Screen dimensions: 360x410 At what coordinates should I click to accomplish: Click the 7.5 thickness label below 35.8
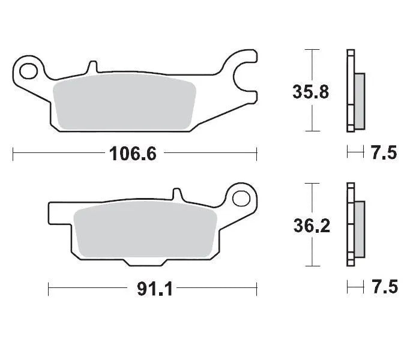click(384, 153)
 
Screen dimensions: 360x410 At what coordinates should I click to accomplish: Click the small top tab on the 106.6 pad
click(92, 67)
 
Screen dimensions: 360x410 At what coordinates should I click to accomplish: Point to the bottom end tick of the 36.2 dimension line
click(311, 266)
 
